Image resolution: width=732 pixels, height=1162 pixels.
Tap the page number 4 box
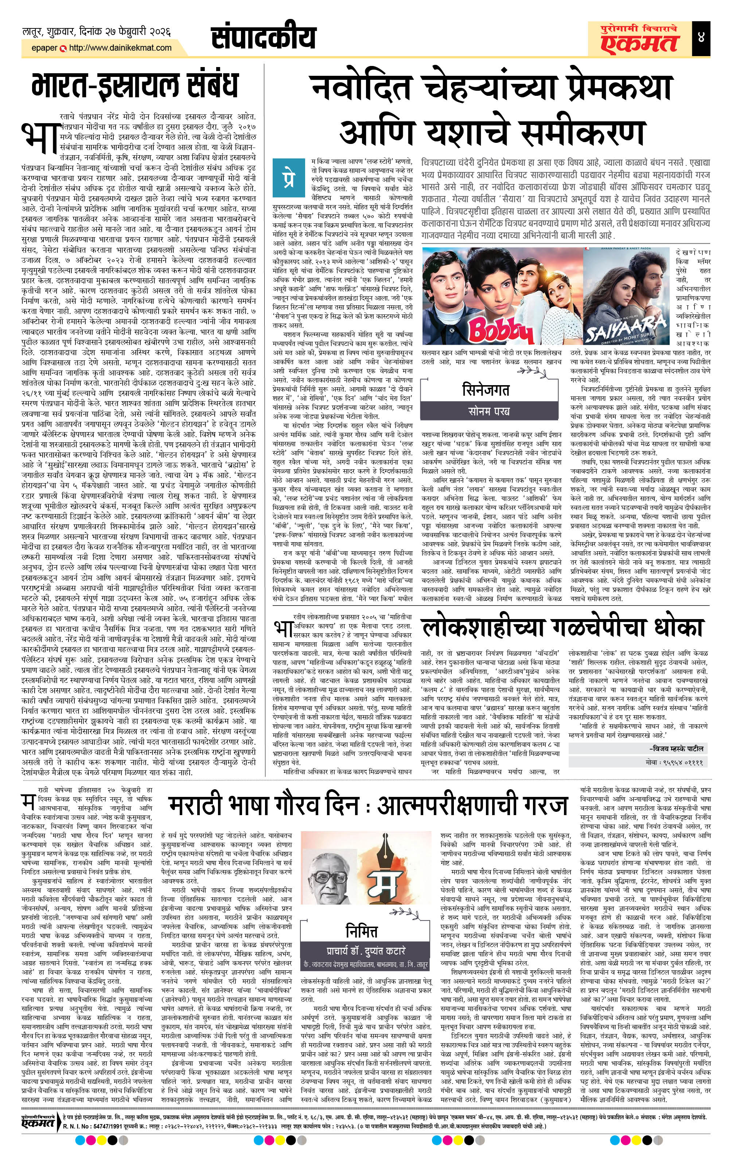pos(701,37)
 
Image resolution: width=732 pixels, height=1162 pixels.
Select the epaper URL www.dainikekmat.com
pos(120,48)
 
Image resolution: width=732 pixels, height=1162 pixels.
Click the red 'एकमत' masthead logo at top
pos(640,43)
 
